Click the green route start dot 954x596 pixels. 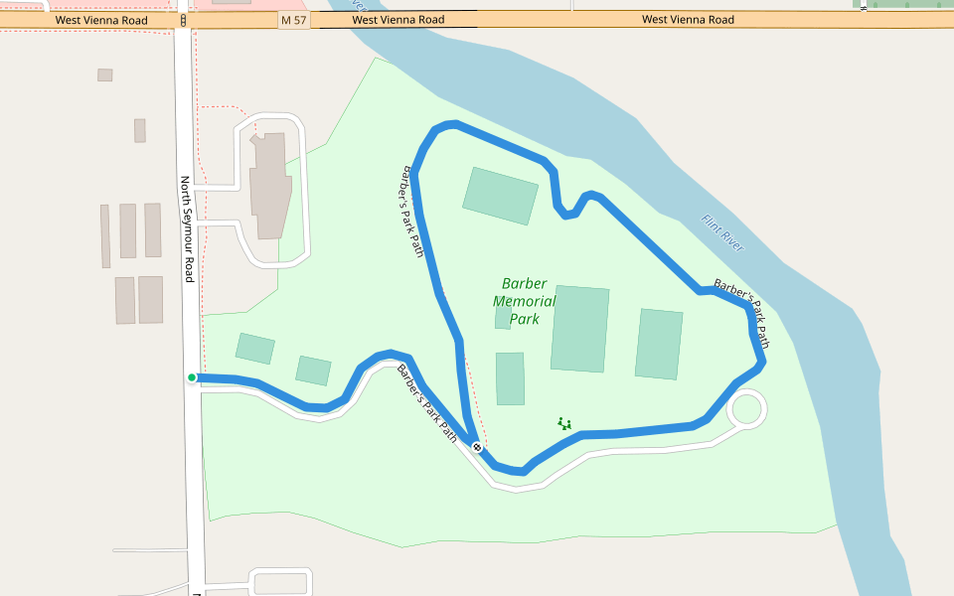(192, 377)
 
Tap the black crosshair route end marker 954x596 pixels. (478, 447)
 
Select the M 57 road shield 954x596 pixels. (294, 20)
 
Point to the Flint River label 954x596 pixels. (721, 232)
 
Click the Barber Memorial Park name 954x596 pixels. (524, 301)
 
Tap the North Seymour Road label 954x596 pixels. (186, 229)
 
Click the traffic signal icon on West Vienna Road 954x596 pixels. (185, 20)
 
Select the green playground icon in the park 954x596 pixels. (563, 424)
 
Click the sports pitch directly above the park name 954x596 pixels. (501, 196)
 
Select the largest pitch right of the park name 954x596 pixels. (580, 329)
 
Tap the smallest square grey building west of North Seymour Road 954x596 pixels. (105, 74)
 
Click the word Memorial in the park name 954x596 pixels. (524, 301)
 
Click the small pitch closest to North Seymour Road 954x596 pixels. (254, 349)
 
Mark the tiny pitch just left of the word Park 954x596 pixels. (503, 318)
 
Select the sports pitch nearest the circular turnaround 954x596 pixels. (659, 345)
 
